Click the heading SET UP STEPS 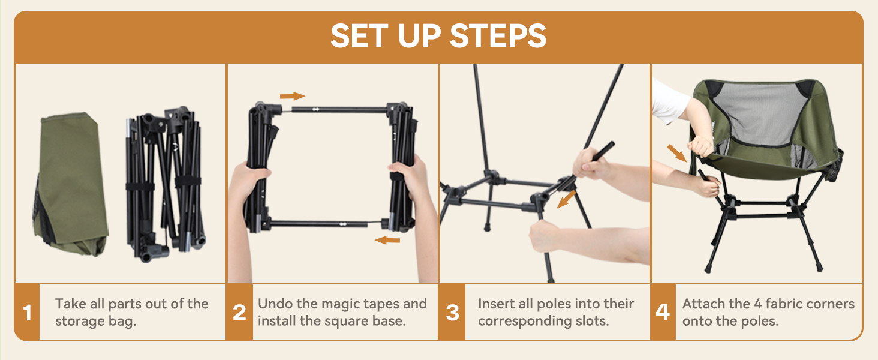click(x=438, y=35)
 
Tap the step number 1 click(x=27, y=313)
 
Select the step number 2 click(x=239, y=313)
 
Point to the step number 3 click(x=452, y=313)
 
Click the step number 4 click(x=663, y=312)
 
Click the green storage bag click(x=71, y=184)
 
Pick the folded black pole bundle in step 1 click(x=165, y=184)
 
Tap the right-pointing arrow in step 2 click(x=293, y=96)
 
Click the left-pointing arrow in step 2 click(x=387, y=240)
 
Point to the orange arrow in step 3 click(x=566, y=199)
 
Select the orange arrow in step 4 click(x=677, y=153)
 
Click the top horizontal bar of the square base click(x=339, y=110)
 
